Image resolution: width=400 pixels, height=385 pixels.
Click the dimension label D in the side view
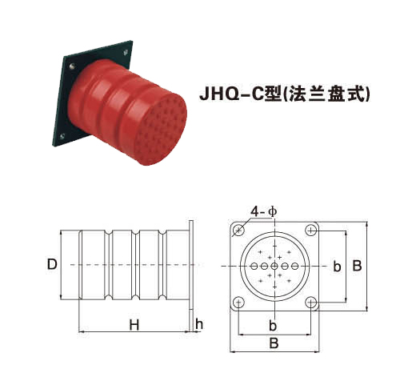pyautogui.click(x=52, y=263)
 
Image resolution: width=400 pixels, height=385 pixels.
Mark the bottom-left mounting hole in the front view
pyautogui.click(x=239, y=302)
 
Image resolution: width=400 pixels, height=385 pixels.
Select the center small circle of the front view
pyautogui.click(x=274, y=266)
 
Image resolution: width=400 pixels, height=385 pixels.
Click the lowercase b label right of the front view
pyautogui.click(x=337, y=265)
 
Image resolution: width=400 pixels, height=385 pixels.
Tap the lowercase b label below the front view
pyautogui.click(x=274, y=327)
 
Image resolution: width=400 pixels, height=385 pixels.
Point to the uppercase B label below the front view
pyautogui.click(x=274, y=343)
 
